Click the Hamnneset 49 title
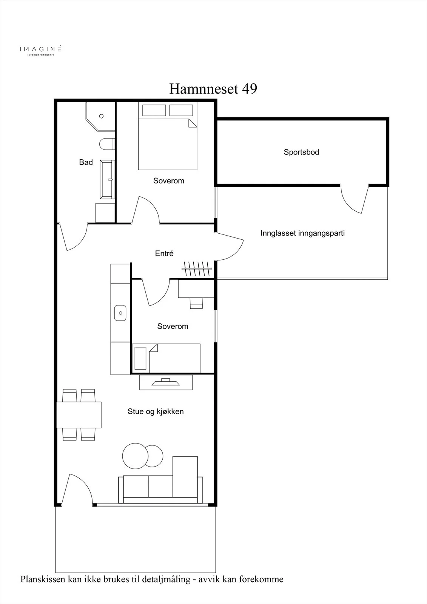click(213, 89)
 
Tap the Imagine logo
click(40, 50)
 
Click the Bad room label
click(86, 162)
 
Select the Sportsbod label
click(301, 152)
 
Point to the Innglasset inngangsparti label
click(302, 233)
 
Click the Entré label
click(164, 253)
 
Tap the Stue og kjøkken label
click(156, 411)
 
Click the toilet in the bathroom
click(107, 144)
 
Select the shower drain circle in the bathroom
click(102, 116)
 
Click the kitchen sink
click(120, 313)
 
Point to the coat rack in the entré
click(197, 268)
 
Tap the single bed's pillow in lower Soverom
click(140, 358)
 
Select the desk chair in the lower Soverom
click(196, 303)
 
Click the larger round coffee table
click(135, 456)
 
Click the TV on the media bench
click(166, 382)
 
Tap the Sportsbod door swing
click(355, 199)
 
